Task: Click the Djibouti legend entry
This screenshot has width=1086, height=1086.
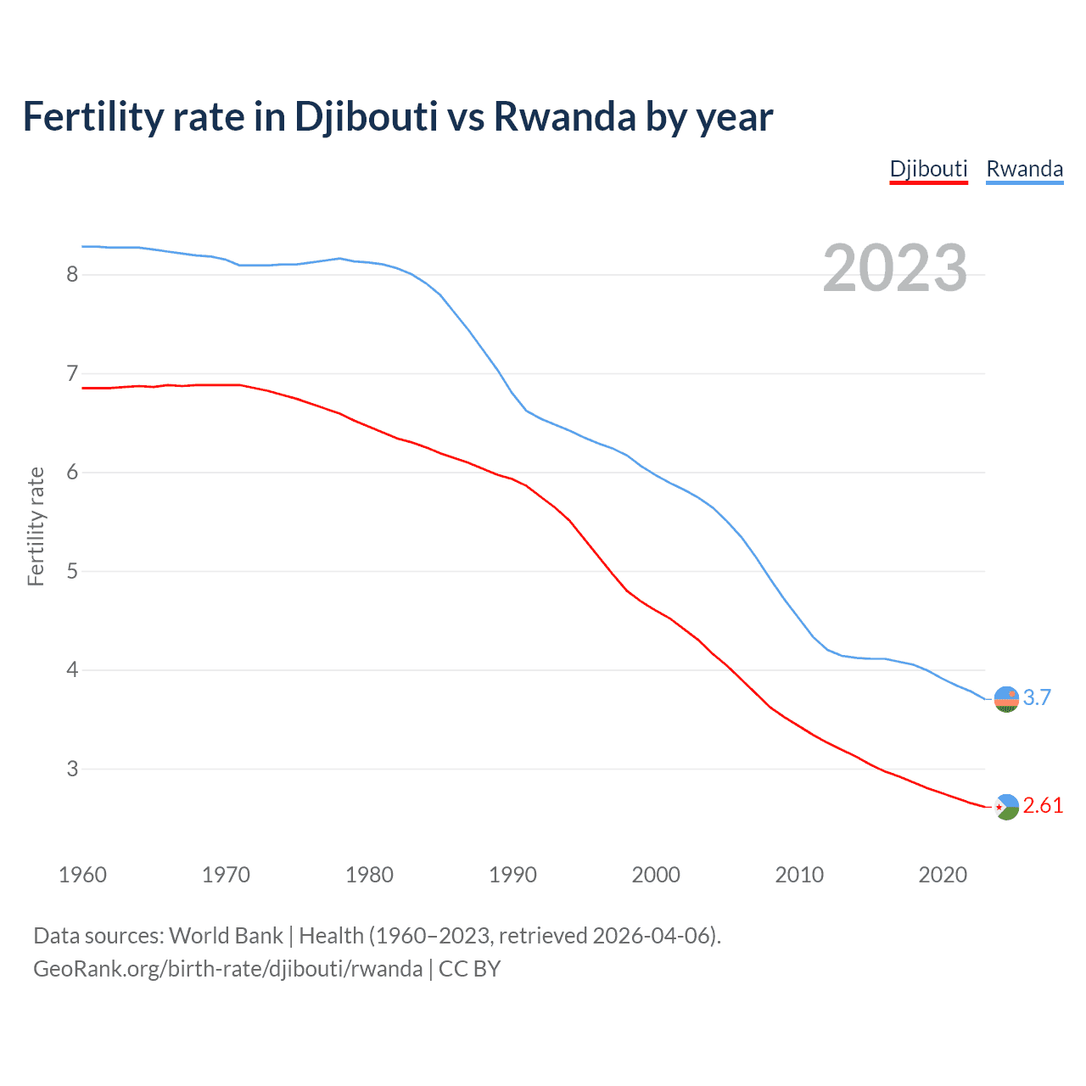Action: click(x=928, y=169)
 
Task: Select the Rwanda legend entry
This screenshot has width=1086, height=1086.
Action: click(x=1024, y=169)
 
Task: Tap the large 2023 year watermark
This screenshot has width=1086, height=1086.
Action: click(x=895, y=268)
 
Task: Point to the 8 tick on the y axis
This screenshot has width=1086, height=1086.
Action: click(x=72, y=274)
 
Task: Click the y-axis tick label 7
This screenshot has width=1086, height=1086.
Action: click(x=72, y=373)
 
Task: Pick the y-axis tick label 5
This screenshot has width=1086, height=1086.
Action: click(x=72, y=571)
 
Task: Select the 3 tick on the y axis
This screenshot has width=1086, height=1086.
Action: click(x=72, y=769)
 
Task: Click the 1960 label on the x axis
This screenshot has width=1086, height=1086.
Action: click(x=82, y=875)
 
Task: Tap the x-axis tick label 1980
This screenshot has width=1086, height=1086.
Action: click(x=369, y=875)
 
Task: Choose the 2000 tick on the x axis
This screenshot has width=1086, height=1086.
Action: click(x=656, y=875)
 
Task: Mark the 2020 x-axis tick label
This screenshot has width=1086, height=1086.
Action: click(x=943, y=875)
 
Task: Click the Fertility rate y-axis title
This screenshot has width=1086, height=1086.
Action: click(x=36, y=526)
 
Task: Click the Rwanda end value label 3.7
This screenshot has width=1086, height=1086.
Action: click(x=1037, y=697)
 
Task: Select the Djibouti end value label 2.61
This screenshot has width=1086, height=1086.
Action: click(x=1043, y=805)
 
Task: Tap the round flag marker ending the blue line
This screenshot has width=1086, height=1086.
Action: click(x=1006, y=699)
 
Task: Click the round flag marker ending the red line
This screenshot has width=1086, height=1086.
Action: click(x=1006, y=807)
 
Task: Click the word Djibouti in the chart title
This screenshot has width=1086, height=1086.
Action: click(x=366, y=116)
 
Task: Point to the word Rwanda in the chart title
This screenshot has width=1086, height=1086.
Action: click(x=564, y=116)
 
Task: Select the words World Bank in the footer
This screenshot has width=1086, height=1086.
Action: click(x=226, y=936)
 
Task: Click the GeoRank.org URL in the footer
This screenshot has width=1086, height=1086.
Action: click(x=227, y=969)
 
